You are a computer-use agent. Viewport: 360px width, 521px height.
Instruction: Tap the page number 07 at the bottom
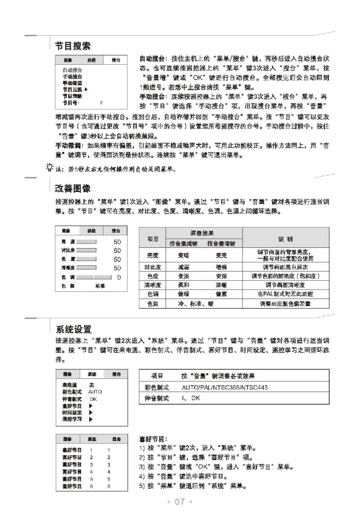coord(180,502)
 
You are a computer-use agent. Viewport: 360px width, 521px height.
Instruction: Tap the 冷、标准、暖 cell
coord(190,303)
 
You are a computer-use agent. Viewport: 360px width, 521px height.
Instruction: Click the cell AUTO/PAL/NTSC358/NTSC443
coord(224,387)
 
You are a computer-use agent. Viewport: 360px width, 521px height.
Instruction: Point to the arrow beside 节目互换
coord(86,90)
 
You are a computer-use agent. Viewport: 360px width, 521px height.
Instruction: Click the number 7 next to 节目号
coord(101,102)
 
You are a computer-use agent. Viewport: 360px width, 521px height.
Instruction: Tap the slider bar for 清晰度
coord(87,268)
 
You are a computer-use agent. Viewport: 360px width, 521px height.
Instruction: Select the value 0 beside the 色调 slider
coord(119,277)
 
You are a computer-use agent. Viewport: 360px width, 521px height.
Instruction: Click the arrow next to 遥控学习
coord(90,420)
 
